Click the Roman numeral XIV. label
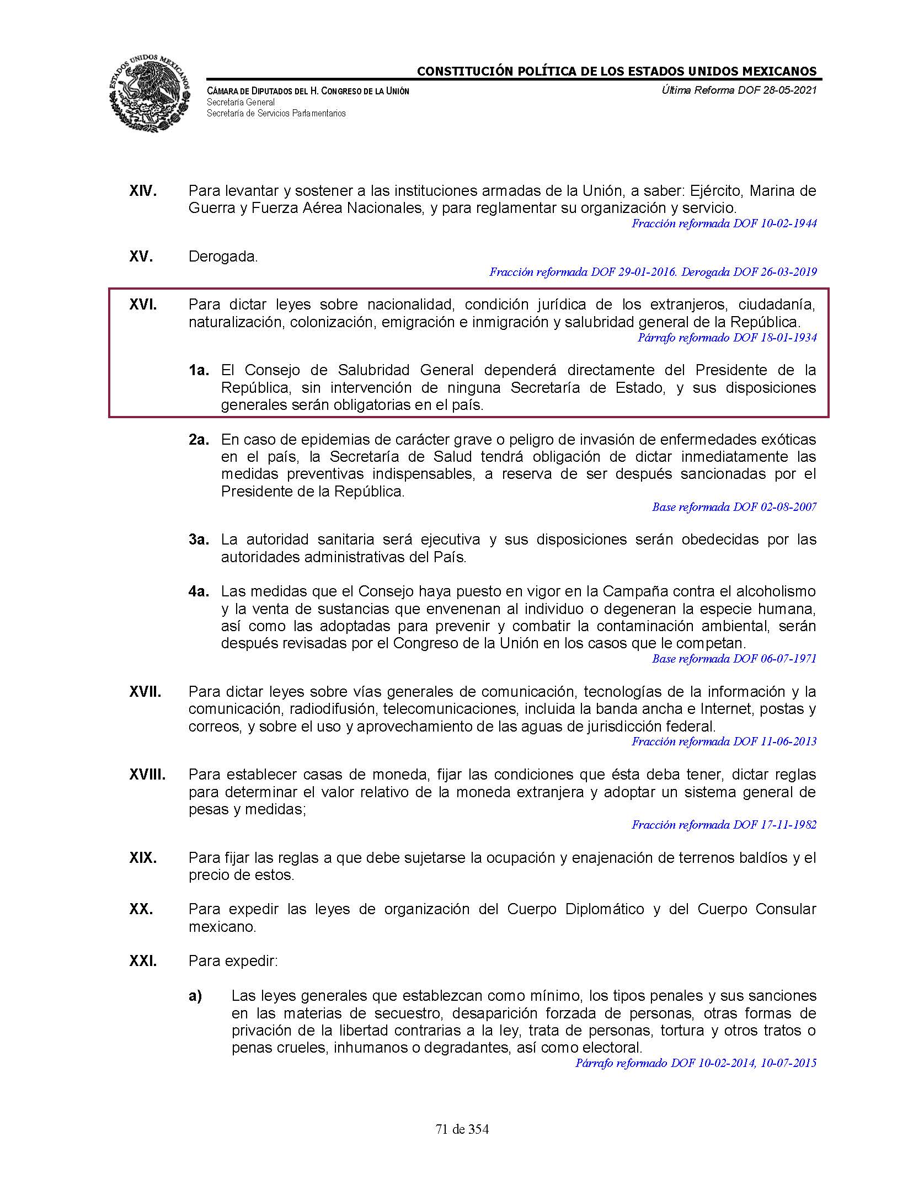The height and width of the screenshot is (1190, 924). click(x=143, y=191)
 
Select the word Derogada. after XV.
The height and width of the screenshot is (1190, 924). click(x=223, y=257)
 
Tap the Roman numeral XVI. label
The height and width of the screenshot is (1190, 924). click(x=143, y=305)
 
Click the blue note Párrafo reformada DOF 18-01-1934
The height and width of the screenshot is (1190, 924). click(x=727, y=338)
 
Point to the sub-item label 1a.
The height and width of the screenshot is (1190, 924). click(x=199, y=370)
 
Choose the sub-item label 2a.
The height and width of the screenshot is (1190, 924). click(x=199, y=440)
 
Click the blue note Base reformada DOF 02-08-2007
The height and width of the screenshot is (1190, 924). click(x=734, y=507)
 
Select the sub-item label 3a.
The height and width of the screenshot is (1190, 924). click(x=199, y=540)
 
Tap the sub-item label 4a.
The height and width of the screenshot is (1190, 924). click(x=199, y=591)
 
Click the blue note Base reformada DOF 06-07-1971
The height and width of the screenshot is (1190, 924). click(x=734, y=659)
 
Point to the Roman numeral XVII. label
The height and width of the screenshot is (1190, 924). click(x=145, y=692)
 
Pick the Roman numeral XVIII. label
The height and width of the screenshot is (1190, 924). click(x=147, y=775)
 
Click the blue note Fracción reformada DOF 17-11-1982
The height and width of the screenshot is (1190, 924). click(x=724, y=825)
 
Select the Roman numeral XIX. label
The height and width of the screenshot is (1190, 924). click(x=143, y=858)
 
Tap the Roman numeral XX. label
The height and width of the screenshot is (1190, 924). click(x=141, y=909)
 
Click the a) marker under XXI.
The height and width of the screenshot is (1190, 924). click(x=195, y=996)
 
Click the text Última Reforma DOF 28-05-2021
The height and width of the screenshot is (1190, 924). click(x=739, y=90)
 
